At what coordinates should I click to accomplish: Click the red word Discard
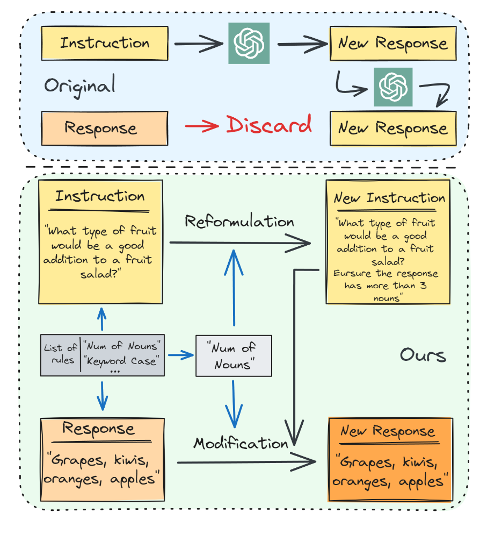268,125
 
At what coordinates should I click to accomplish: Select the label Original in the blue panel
79,86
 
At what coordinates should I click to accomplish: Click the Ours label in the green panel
423,355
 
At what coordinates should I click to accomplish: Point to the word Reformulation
239,222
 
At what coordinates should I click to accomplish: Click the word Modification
241,443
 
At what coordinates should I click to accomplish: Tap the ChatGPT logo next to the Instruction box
249,44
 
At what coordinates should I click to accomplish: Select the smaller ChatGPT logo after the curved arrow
394,87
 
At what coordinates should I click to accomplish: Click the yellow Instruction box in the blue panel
105,43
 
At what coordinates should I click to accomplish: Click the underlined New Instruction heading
390,198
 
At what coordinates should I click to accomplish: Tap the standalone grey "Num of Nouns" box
233,355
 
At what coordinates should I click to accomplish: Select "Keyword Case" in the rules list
123,361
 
